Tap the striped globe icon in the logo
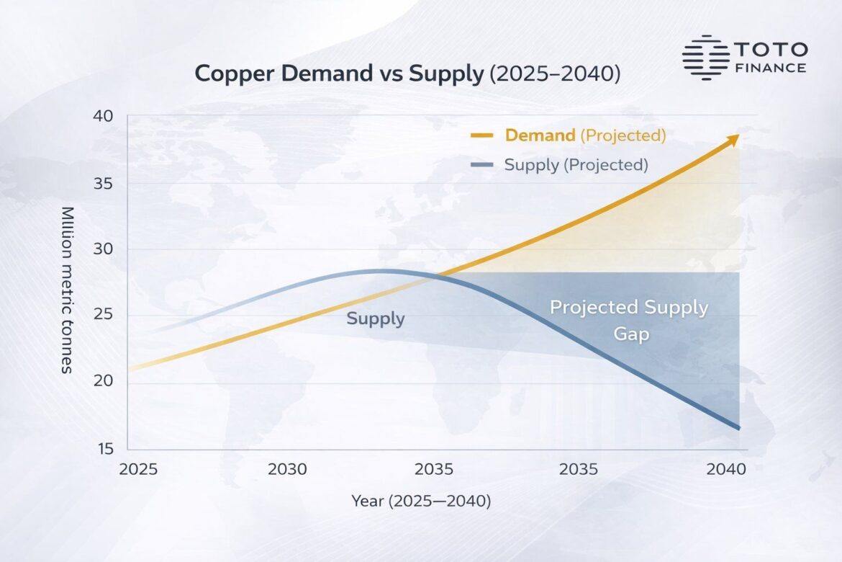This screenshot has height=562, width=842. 705,56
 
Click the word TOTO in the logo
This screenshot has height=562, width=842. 771,50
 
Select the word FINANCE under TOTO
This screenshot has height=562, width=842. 771,68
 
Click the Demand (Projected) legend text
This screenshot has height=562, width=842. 584,135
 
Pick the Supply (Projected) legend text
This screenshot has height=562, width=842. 576,164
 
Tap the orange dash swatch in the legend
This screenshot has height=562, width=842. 481,135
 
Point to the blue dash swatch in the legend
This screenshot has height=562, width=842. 481,165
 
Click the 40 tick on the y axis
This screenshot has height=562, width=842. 104,117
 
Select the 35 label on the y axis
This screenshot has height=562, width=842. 104,184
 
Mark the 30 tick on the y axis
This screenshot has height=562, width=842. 104,249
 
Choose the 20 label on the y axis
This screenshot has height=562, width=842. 104,381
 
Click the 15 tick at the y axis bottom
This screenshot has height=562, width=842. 104,449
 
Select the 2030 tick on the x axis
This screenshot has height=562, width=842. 287,470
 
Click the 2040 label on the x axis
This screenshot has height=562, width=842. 725,470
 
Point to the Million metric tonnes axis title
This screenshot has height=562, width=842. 67,290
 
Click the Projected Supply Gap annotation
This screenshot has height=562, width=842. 629,320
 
